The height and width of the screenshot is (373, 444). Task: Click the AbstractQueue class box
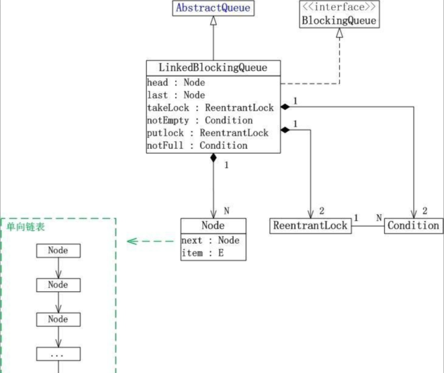213,9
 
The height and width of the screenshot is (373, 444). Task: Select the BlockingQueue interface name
339,21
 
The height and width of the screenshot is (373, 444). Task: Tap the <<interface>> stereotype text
339,7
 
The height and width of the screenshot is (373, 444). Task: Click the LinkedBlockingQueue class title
213,67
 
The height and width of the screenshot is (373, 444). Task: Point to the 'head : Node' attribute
176,83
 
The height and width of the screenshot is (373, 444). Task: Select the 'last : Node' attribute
176,95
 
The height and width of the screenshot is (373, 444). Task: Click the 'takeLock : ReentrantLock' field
210,108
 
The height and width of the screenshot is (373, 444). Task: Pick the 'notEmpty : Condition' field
200,120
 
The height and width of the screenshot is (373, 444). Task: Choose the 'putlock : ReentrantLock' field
207,133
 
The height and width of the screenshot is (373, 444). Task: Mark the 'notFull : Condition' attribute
197,146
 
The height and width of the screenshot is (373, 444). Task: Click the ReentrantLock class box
310,226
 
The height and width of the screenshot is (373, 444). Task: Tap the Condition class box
413,226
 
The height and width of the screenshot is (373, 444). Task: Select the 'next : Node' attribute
210,241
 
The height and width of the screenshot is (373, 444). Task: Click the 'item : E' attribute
202,253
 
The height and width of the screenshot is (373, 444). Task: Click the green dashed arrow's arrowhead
131,242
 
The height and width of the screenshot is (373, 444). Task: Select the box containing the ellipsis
58,354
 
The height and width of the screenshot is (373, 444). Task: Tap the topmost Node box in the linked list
58,250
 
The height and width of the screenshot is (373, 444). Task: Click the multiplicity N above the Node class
227,211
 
